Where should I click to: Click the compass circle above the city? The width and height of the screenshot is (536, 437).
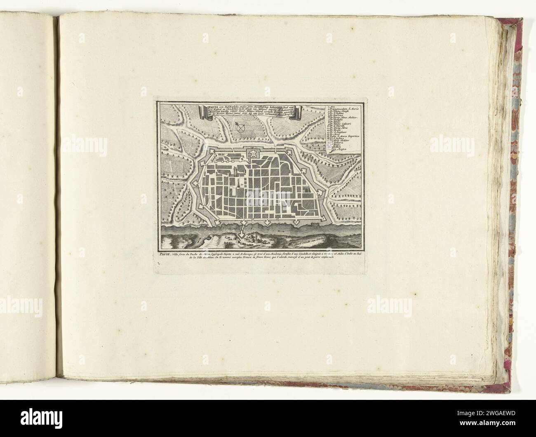click(242, 129)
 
